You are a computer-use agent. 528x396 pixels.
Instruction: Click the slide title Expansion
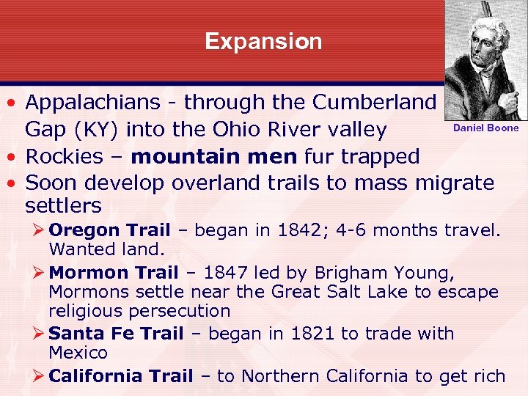pyautogui.click(x=263, y=41)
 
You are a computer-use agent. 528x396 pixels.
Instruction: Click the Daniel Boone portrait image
pyautogui.click(x=485, y=60)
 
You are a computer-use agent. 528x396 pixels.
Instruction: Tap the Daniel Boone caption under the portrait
pyautogui.click(x=485, y=128)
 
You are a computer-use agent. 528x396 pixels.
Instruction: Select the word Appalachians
pyautogui.click(x=102, y=103)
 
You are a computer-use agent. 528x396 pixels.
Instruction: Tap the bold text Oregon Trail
pyautogui.click(x=109, y=230)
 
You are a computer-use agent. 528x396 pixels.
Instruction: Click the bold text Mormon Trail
pyautogui.click(x=114, y=273)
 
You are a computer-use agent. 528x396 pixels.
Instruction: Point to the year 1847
pyautogui.click(x=227, y=273)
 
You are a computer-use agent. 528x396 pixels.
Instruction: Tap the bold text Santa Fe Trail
pyautogui.click(x=116, y=334)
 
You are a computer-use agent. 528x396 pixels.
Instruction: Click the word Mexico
pyautogui.click(x=78, y=353)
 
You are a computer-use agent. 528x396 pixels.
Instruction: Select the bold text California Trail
pyautogui.click(x=120, y=376)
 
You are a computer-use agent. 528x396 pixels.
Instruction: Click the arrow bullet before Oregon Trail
pyautogui.click(x=40, y=230)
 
